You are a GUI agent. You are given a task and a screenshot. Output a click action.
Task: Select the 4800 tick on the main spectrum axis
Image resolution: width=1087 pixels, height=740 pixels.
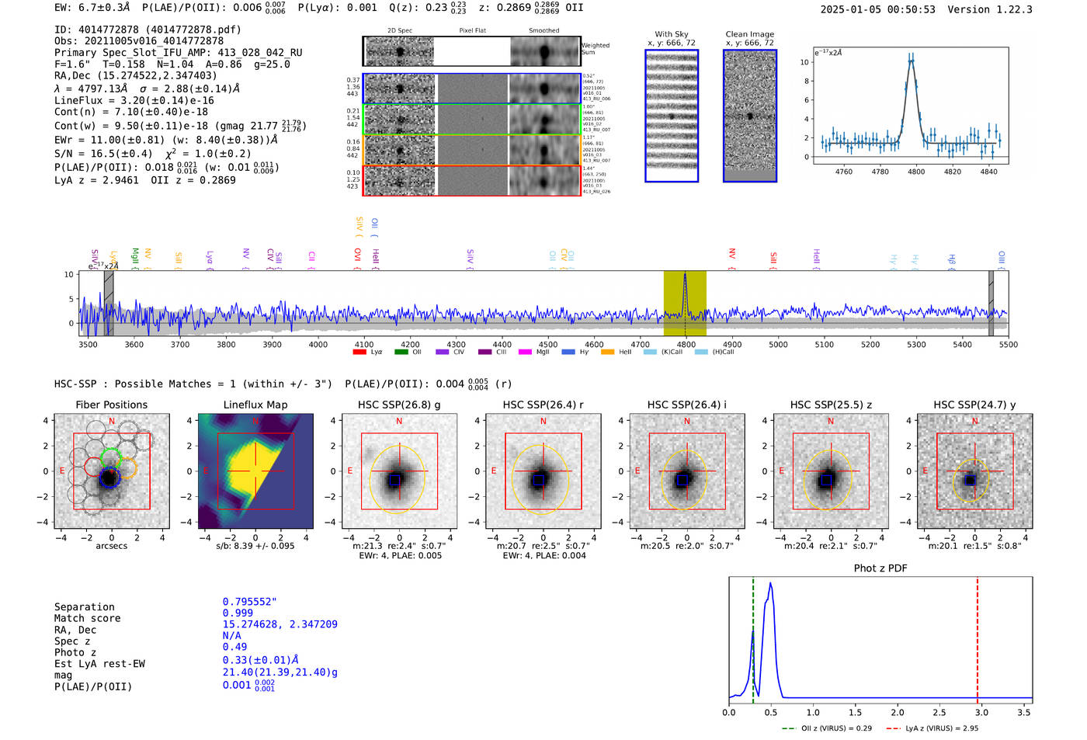686,344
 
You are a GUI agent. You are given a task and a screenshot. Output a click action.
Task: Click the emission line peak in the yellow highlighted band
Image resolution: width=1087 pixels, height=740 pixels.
685,275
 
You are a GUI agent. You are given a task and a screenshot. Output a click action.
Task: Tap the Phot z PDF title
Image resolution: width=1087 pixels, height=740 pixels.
880,568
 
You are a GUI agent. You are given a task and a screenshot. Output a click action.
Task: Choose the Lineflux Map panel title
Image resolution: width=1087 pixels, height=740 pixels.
255,405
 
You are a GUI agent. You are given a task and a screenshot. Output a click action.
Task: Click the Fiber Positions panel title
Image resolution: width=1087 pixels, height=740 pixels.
111,405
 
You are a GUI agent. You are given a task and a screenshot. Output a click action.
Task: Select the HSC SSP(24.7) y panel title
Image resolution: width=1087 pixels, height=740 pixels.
974,405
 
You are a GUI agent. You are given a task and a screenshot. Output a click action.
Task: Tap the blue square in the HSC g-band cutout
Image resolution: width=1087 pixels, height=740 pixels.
394,481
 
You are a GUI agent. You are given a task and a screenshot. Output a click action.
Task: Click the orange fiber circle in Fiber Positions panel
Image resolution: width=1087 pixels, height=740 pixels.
127,467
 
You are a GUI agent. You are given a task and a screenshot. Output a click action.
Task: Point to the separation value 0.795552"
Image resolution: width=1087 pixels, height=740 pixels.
249,602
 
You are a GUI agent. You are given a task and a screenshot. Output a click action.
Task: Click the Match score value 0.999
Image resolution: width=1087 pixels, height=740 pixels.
238,613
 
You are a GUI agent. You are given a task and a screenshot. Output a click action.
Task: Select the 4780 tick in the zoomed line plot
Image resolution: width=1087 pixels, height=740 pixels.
880,172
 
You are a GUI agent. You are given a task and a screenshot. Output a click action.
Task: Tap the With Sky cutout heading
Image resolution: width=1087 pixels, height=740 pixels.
672,34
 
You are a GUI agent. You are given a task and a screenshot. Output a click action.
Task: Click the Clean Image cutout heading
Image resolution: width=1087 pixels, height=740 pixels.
749,34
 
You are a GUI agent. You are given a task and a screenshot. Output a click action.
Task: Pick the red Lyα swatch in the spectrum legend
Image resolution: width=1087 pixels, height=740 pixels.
359,352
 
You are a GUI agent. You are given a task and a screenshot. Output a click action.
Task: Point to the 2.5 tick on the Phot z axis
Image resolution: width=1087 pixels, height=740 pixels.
939,712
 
